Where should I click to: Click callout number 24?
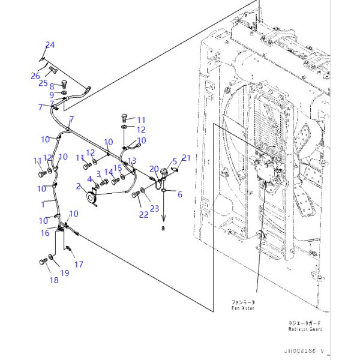tap(50, 45)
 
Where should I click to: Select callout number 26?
tap(35, 76)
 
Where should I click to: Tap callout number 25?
tap(43, 83)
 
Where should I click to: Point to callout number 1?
tap(43, 204)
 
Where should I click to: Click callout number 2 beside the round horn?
tap(78, 187)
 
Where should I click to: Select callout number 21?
tap(186, 158)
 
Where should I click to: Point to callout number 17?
tap(79, 264)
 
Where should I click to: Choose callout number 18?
tap(53, 280)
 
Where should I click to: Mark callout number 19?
tap(65, 273)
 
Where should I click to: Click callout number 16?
tap(46, 233)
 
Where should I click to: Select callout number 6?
tap(179, 194)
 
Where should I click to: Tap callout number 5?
tap(175, 161)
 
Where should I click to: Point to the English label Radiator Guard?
tap(304, 329)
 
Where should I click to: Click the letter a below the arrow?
tap(162, 229)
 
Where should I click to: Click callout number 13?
tap(132, 161)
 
